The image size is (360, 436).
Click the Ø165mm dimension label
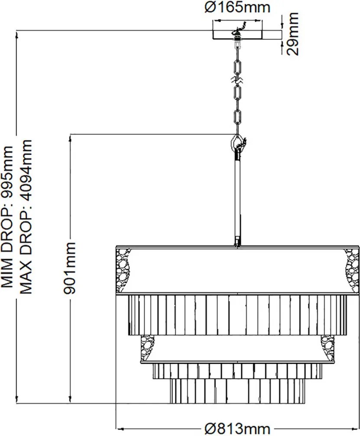(237, 7)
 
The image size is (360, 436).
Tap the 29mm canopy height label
(292, 34)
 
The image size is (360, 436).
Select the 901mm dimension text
(69, 268)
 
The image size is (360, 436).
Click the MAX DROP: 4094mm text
(26, 216)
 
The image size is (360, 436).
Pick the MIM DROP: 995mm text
(7, 216)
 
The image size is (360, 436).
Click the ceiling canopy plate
(237, 34)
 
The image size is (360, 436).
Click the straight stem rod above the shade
(237, 197)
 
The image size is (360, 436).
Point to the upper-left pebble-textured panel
(123, 270)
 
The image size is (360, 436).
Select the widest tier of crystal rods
(237, 314)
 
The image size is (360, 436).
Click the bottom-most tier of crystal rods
(237, 391)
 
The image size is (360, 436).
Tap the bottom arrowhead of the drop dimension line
(17, 399)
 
